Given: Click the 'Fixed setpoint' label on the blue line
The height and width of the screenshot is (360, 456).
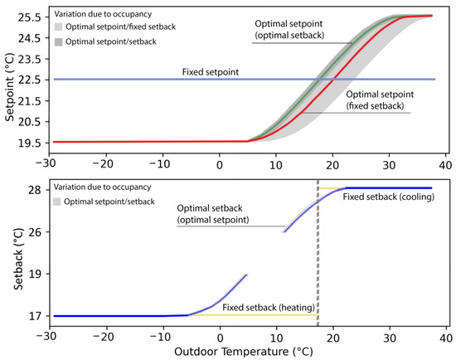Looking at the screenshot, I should tap(211, 73).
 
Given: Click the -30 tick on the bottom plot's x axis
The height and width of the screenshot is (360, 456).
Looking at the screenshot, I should tap(49, 337).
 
